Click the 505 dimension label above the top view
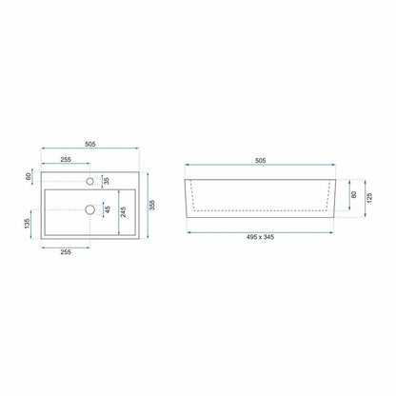coord(90,144)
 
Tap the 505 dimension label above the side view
coord(260,161)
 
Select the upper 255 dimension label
coord(66,160)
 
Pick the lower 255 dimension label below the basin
coord(66,252)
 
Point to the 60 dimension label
coord(29,176)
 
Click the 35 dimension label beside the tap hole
coord(107,181)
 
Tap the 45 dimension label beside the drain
coord(108,209)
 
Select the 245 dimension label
coord(123,212)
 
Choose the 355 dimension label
coord(152,205)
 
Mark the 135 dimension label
coord(27,224)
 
